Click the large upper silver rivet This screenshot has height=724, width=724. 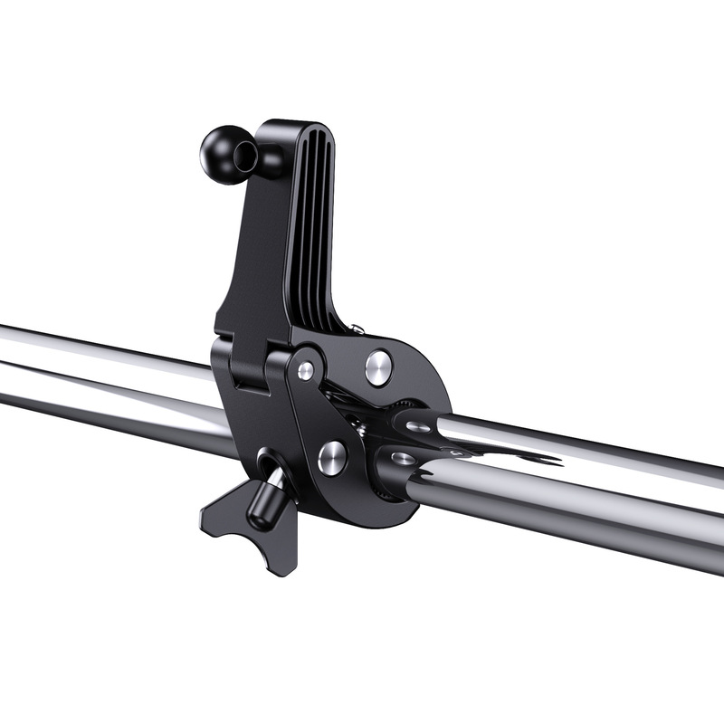(x=379, y=367)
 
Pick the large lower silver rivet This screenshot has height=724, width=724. (x=332, y=457)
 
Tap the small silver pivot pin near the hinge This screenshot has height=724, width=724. (x=306, y=370)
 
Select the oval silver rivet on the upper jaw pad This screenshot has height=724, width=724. (x=419, y=426)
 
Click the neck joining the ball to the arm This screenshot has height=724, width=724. (x=268, y=160)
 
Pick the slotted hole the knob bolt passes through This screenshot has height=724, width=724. (x=269, y=466)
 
